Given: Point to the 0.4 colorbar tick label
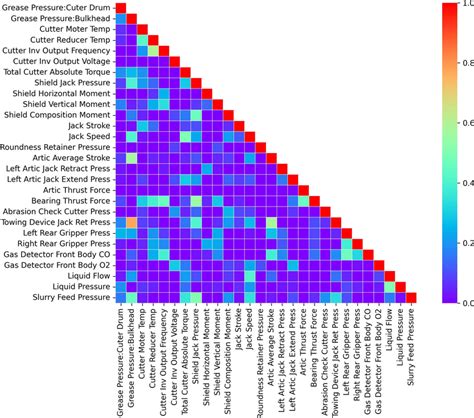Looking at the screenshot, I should click(463, 183).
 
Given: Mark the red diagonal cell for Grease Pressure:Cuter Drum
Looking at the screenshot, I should click(121, 8).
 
